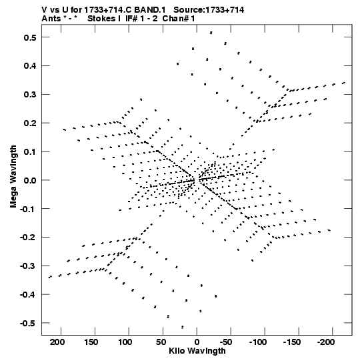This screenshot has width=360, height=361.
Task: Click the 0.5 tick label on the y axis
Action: coord(30,37)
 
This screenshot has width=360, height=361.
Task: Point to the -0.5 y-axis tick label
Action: coord(28,324)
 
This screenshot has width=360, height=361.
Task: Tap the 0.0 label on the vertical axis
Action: coord(30,180)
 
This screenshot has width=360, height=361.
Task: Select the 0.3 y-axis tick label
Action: coord(30,95)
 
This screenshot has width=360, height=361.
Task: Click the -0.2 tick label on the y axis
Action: coord(28,238)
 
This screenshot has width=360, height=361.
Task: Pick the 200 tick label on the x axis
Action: coord(57,342)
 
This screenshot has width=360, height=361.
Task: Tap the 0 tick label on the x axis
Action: coord(197,342)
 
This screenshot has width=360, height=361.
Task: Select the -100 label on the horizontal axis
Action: coord(258,342)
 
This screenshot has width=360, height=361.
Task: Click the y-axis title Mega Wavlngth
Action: coord(13,177)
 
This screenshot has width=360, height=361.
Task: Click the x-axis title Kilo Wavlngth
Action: coord(197,351)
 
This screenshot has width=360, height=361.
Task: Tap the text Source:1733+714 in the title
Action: coord(209,10)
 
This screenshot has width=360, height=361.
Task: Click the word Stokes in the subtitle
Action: coord(104,19)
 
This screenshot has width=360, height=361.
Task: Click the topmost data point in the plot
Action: coord(211,33)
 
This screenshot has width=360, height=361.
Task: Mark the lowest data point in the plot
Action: coord(183,327)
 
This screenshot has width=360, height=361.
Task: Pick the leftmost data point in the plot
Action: coord(50,277)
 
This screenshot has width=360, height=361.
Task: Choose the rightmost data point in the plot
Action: coord(344,83)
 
